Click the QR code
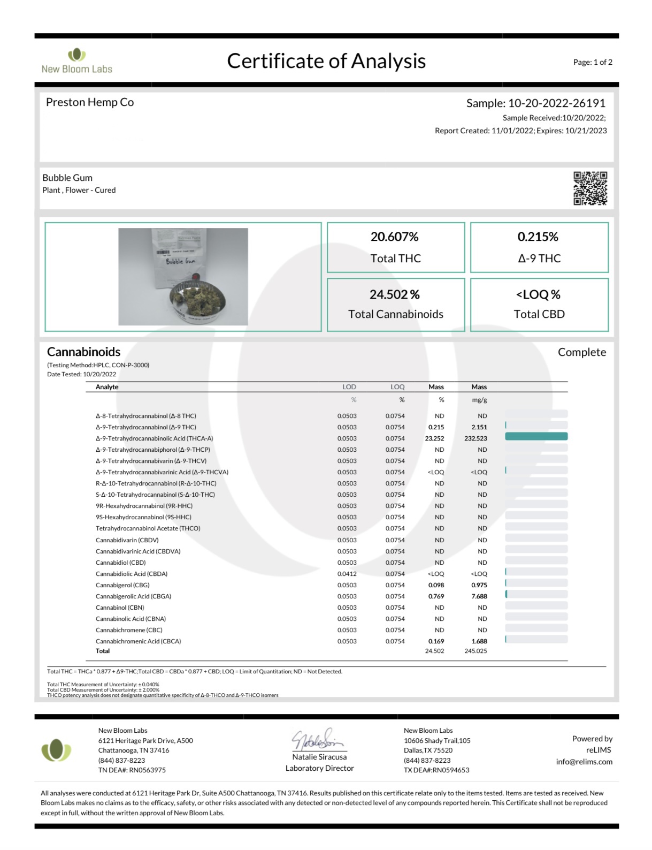click(x=590, y=188)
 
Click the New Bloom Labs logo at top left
click(x=77, y=61)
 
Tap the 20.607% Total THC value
click(x=395, y=237)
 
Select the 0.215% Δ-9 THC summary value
click(x=538, y=237)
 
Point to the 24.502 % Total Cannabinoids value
click(x=395, y=294)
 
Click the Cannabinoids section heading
click(x=83, y=352)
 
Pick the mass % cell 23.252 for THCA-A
click(x=434, y=438)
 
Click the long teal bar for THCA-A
click(x=536, y=437)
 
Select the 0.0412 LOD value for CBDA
click(x=347, y=574)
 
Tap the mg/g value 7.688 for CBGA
click(x=479, y=596)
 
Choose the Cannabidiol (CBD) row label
click(x=120, y=563)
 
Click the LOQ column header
click(x=397, y=387)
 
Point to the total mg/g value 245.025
click(x=475, y=651)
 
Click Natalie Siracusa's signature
click(x=318, y=740)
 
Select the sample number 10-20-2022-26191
click(x=556, y=103)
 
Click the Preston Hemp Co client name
click(x=90, y=102)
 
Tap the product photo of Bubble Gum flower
click(x=183, y=277)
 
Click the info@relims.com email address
click(x=584, y=762)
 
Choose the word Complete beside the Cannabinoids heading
click(x=581, y=352)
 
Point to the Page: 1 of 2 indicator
click(x=592, y=62)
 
